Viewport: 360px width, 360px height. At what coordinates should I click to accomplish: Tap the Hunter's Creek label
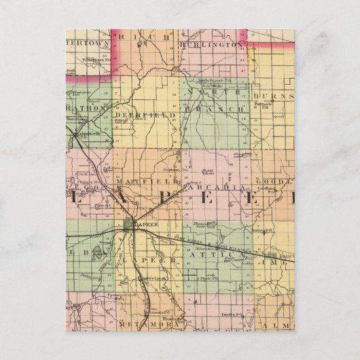tap(148, 277)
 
